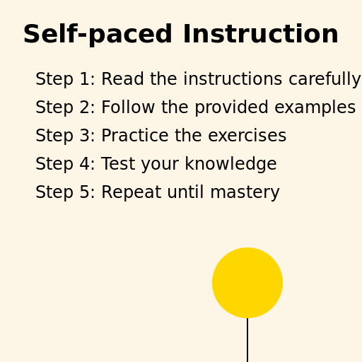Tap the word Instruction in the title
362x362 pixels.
click(260, 35)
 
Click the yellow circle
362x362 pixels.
click(247, 283)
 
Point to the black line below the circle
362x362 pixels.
click(247, 340)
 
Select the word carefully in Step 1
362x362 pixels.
click(325, 80)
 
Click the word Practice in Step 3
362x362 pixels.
click(133, 136)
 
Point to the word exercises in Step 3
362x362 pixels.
click(247, 136)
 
